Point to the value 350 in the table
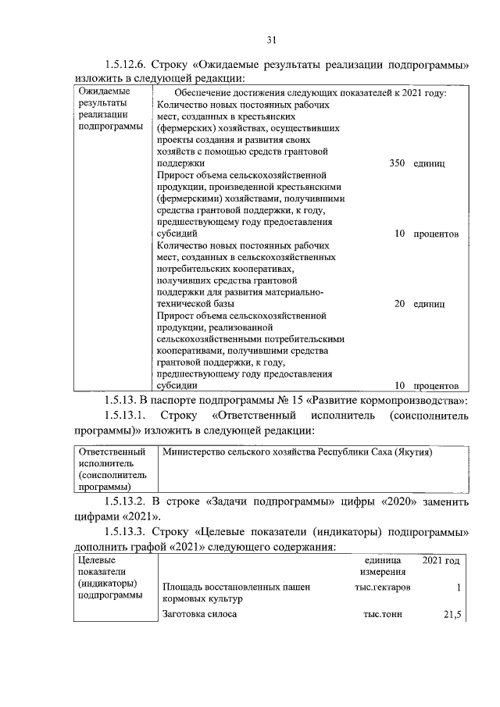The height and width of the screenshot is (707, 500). (396, 164)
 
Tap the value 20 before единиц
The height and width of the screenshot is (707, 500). (398, 303)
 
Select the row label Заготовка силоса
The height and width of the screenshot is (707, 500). (199, 615)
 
